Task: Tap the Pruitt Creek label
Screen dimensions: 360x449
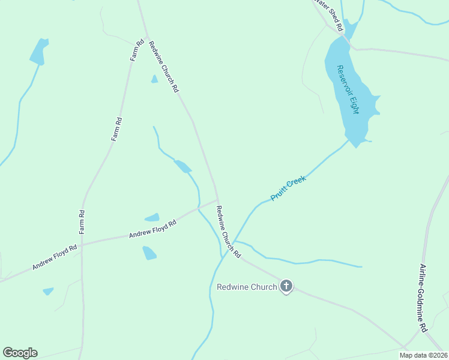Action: tap(288, 188)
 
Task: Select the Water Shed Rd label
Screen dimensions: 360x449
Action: tap(329, 14)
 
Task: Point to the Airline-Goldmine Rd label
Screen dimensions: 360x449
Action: tap(423, 298)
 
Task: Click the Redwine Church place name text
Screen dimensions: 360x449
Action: tap(247, 287)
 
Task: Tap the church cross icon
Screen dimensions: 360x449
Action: tap(286, 287)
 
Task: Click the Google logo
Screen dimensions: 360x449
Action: tap(20, 353)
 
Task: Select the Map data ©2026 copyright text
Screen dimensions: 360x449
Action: tap(423, 355)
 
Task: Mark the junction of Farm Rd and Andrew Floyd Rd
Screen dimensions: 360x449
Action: tap(82, 245)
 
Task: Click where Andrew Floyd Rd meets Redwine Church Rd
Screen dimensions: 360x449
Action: tap(217, 200)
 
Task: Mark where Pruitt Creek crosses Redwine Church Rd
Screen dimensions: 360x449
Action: tap(227, 253)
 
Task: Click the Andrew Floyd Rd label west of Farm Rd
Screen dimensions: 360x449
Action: tap(55, 256)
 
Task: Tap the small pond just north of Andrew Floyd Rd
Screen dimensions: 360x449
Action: tap(152, 217)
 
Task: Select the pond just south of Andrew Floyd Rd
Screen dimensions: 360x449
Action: tap(149, 253)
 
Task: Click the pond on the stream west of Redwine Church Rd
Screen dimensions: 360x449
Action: tap(182, 166)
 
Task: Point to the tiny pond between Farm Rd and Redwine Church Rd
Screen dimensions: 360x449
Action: tap(154, 79)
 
